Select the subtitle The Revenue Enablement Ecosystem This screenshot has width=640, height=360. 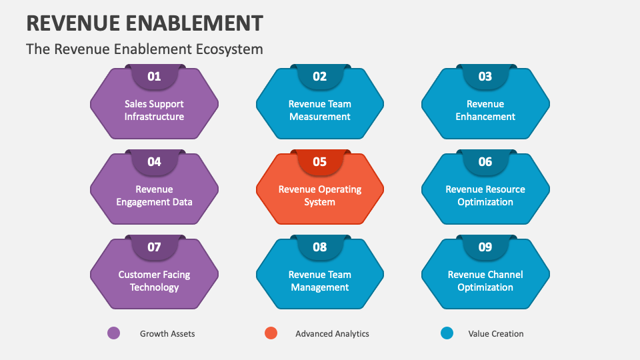(x=144, y=49)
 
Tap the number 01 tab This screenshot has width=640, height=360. (x=154, y=77)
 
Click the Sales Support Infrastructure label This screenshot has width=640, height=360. (x=154, y=110)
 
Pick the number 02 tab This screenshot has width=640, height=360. (x=320, y=77)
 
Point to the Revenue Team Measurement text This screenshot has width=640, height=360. (x=320, y=110)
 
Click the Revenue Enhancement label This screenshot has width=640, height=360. (x=485, y=110)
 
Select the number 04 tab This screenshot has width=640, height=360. (x=154, y=162)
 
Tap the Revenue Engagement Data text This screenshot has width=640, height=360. (x=154, y=195)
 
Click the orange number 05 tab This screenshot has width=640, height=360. (x=320, y=162)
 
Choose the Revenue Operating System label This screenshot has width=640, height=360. (x=320, y=195)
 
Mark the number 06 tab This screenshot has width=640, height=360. (x=485, y=162)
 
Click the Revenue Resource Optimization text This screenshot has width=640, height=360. (x=485, y=195)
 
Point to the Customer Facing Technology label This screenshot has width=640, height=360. (x=154, y=281)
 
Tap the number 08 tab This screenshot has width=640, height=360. (x=320, y=247)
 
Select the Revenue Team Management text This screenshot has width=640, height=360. (x=320, y=281)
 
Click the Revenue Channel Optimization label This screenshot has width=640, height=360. (x=485, y=281)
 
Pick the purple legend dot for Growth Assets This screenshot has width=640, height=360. (x=114, y=333)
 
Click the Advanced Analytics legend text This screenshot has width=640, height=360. (x=332, y=333)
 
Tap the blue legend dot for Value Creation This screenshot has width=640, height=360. (x=447, y=333)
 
